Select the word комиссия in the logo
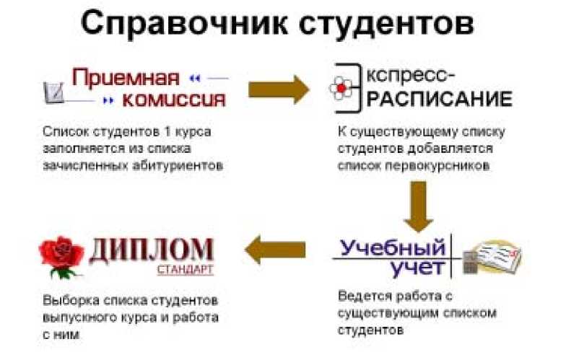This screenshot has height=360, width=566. click(173, 99)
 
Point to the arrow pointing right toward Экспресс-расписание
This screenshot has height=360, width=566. click(278, 88)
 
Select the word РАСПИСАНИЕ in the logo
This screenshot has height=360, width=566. click(440, 97)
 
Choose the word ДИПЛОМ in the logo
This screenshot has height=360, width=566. click(151, 249)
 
